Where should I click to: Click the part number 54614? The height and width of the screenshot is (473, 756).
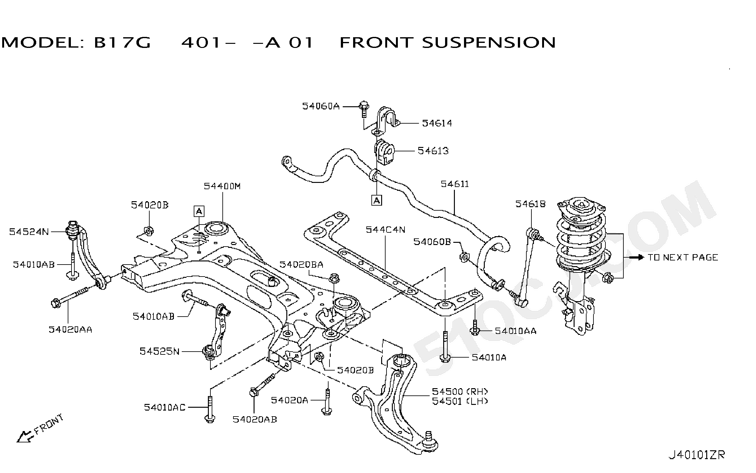(437, 123)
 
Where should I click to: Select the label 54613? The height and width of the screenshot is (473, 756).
(433, 151)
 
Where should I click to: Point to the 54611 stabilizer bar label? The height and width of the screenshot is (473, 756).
(455, 184)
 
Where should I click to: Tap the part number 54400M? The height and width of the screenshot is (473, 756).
(222, 186)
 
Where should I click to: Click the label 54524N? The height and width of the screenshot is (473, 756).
(29, 232)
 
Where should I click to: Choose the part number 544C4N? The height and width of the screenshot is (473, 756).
(385, 230)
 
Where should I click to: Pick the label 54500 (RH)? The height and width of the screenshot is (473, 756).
(460, 391)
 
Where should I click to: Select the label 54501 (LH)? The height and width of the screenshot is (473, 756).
(460, 401)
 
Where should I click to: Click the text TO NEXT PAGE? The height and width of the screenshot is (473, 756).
(683, 257)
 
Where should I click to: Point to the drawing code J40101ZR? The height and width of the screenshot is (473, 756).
(696, 455)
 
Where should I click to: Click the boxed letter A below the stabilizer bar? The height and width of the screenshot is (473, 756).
(377, 200)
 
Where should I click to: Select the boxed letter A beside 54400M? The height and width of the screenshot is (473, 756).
(199, 211)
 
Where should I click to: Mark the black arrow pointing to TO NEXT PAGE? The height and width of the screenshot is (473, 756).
(636, 257)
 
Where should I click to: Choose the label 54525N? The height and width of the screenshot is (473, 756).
(159, 351)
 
